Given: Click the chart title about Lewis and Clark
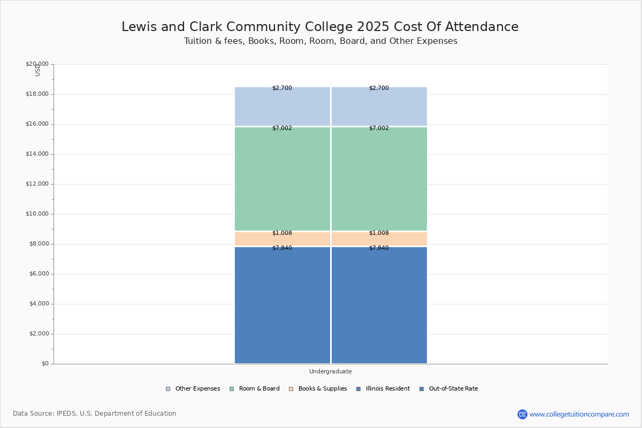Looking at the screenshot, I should [x=320, y=27].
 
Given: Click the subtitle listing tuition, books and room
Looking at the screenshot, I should [x=320, y=41].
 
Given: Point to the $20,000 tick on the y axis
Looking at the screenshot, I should [x=37, y=64].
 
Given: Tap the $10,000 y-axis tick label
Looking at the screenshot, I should [x=37, y=214].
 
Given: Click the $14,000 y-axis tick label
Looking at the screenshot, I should [x=37, y=154].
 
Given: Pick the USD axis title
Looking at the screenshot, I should [x=37, y=71].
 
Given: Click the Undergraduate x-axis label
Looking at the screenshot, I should [x=330, y=371].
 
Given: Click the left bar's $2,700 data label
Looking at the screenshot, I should [x=282, y=88].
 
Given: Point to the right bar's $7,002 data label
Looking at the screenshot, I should [x=379, y=128].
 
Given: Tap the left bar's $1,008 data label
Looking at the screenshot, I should [x=282, y=233].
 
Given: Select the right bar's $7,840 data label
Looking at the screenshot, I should [x=379, y=248].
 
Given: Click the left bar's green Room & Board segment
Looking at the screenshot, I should [x=282, y=179].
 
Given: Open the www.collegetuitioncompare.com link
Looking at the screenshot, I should [x=579, y=414].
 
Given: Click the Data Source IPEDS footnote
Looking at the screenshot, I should [x=95, y=414].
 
